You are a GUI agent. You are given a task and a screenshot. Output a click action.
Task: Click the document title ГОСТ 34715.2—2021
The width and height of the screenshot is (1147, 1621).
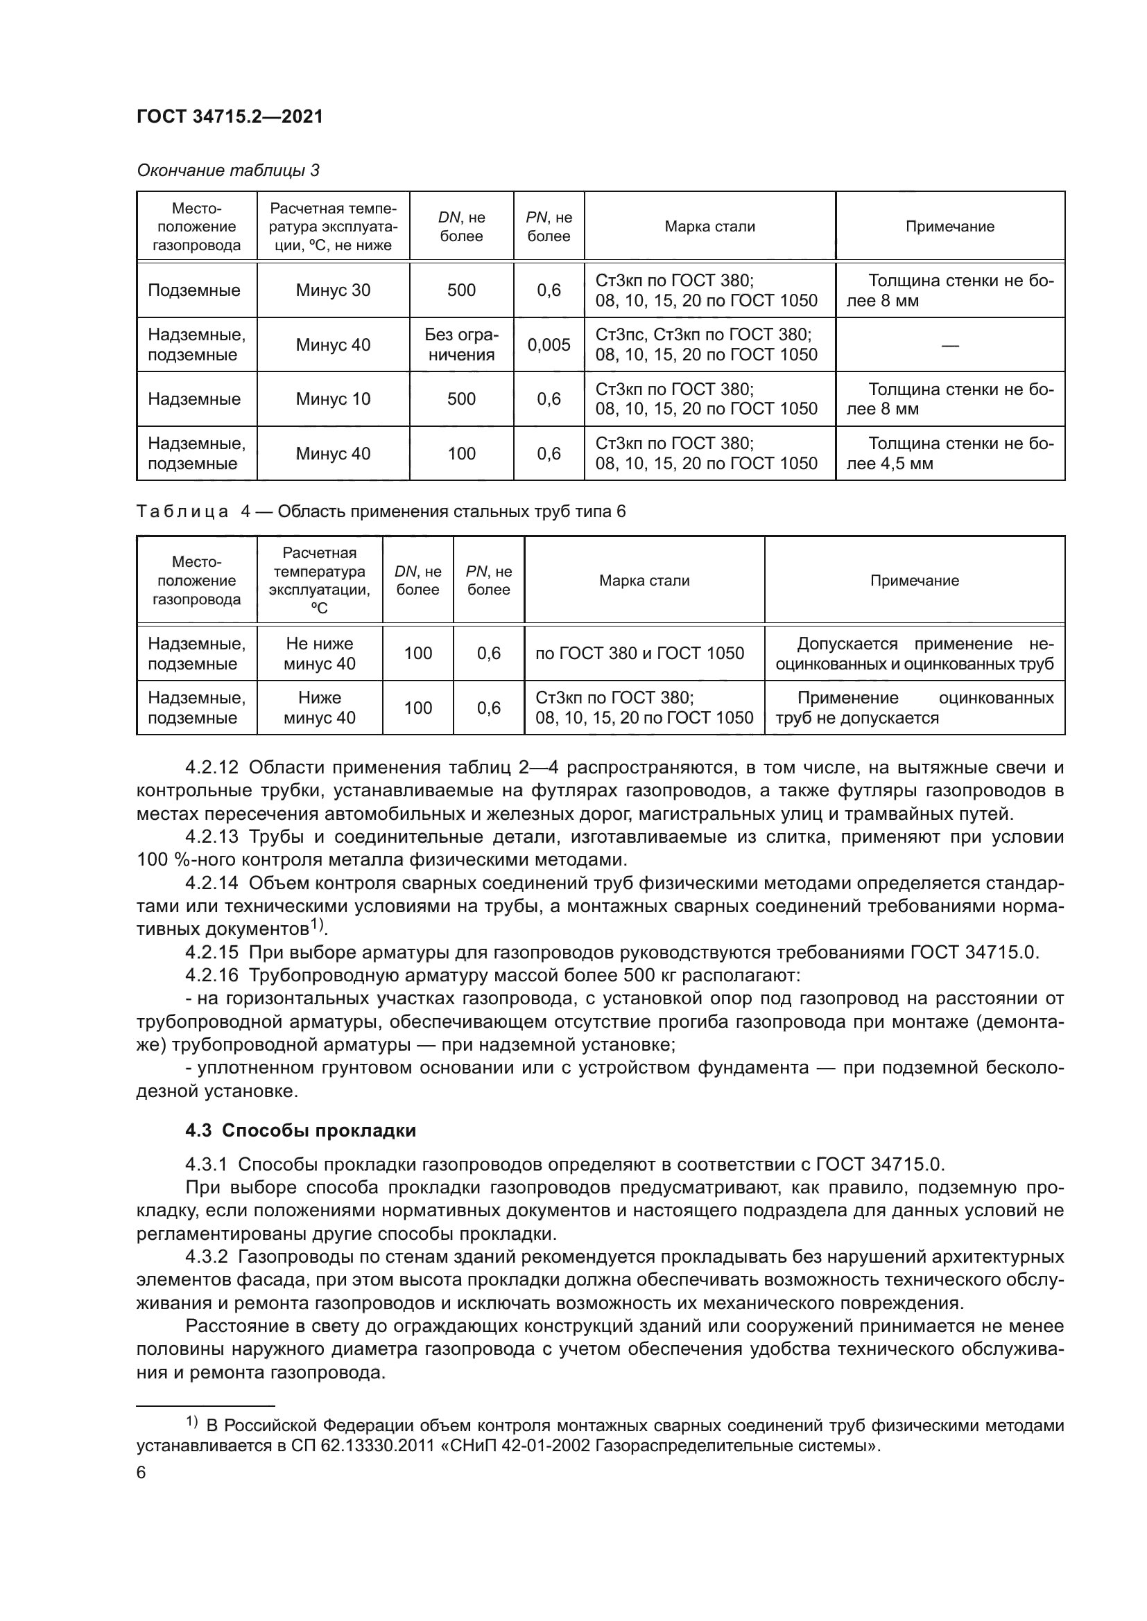[x=230, y=117]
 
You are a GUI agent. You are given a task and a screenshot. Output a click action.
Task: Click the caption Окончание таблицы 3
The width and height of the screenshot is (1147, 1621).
[x=227, y=171]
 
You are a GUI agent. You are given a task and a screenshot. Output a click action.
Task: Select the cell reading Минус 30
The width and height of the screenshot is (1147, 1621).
[x=333, y=290]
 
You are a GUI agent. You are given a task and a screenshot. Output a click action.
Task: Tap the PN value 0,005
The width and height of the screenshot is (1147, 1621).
[x=549, y=344]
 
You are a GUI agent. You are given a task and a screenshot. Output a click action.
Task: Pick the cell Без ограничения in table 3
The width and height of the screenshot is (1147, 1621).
[x=461, y=344]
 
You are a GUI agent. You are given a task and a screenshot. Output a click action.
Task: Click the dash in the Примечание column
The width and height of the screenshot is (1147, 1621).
[x=950, y=345]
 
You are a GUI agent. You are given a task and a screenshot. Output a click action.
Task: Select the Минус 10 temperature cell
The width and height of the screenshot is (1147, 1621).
[x=333, y=399]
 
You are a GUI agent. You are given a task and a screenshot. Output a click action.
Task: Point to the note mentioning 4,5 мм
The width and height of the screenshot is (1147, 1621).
[x=950, y=453]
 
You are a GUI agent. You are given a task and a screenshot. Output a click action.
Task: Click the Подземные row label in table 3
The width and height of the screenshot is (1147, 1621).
[x=194, y=290]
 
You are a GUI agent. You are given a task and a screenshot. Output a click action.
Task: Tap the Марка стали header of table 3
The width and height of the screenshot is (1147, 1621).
[x=710, y=227]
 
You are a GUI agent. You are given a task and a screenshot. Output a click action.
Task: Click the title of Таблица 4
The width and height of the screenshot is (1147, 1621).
[x=381, y=511]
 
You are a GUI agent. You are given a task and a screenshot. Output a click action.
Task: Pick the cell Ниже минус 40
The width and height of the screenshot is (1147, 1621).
[x=319, y=708]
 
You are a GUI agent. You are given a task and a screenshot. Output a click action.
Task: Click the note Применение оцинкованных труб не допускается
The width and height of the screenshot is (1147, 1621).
[x=914, y=708]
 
